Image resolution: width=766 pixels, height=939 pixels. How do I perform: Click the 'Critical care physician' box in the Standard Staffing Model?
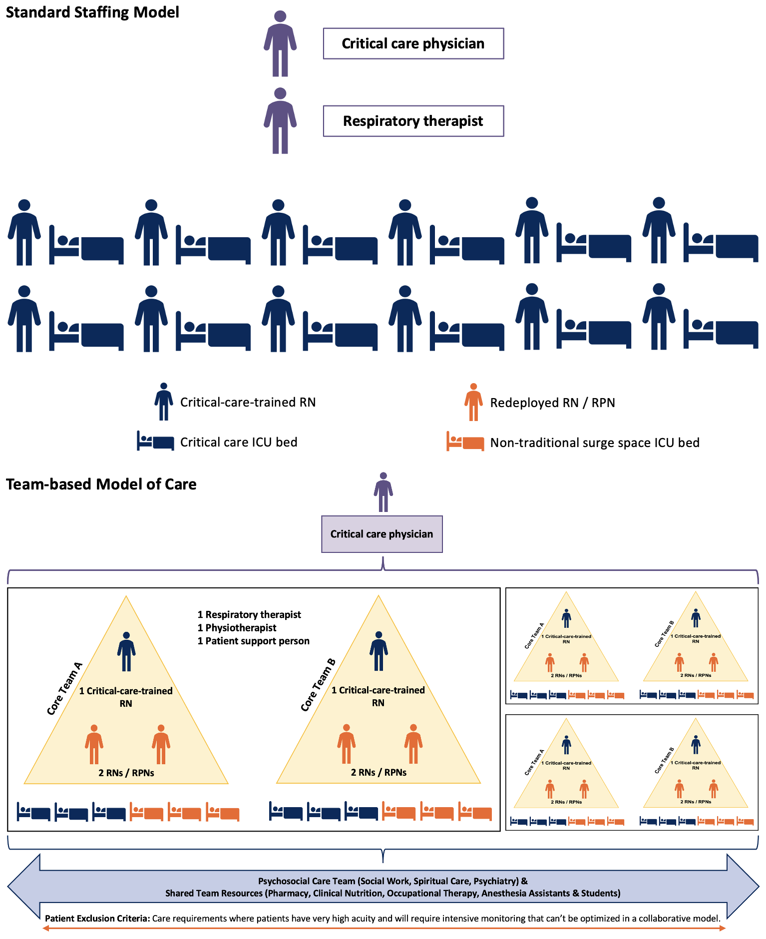[413, 44]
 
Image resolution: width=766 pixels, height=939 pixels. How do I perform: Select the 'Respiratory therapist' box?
[413, 121]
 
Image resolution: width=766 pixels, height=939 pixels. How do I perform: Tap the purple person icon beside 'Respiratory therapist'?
[280, 121]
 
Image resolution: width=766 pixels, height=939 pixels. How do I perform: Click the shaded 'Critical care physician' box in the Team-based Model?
[382, 534]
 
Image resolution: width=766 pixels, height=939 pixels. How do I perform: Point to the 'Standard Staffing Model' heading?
[92, 12]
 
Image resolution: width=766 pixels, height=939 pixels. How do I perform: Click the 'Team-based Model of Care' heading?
[101, 484]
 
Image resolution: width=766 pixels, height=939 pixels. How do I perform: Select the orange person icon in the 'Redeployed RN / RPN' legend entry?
[473, 402]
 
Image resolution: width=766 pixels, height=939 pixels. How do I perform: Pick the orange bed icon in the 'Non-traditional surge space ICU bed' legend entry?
[465, 442]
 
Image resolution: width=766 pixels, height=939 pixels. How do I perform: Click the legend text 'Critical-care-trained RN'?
[248, 402]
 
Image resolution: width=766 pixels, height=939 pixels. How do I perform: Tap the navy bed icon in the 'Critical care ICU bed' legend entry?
[155, 442]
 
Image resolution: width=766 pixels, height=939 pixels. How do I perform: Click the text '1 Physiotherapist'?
[237, 628]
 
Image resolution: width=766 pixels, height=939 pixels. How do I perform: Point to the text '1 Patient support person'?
[254, 641]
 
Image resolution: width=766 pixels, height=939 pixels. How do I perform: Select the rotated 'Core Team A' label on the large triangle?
[64, 688]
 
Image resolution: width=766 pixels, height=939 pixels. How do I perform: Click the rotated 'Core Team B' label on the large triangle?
[318, 685]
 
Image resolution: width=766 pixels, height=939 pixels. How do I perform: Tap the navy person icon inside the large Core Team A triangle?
[126, 651]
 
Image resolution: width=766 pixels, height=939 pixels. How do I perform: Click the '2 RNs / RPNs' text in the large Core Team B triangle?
[379, 772]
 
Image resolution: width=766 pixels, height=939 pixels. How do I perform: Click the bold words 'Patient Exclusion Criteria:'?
[97, 918]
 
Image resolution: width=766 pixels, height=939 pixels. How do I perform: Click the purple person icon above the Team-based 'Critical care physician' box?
[383, 492]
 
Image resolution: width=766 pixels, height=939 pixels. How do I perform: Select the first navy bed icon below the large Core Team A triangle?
[34, 811]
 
